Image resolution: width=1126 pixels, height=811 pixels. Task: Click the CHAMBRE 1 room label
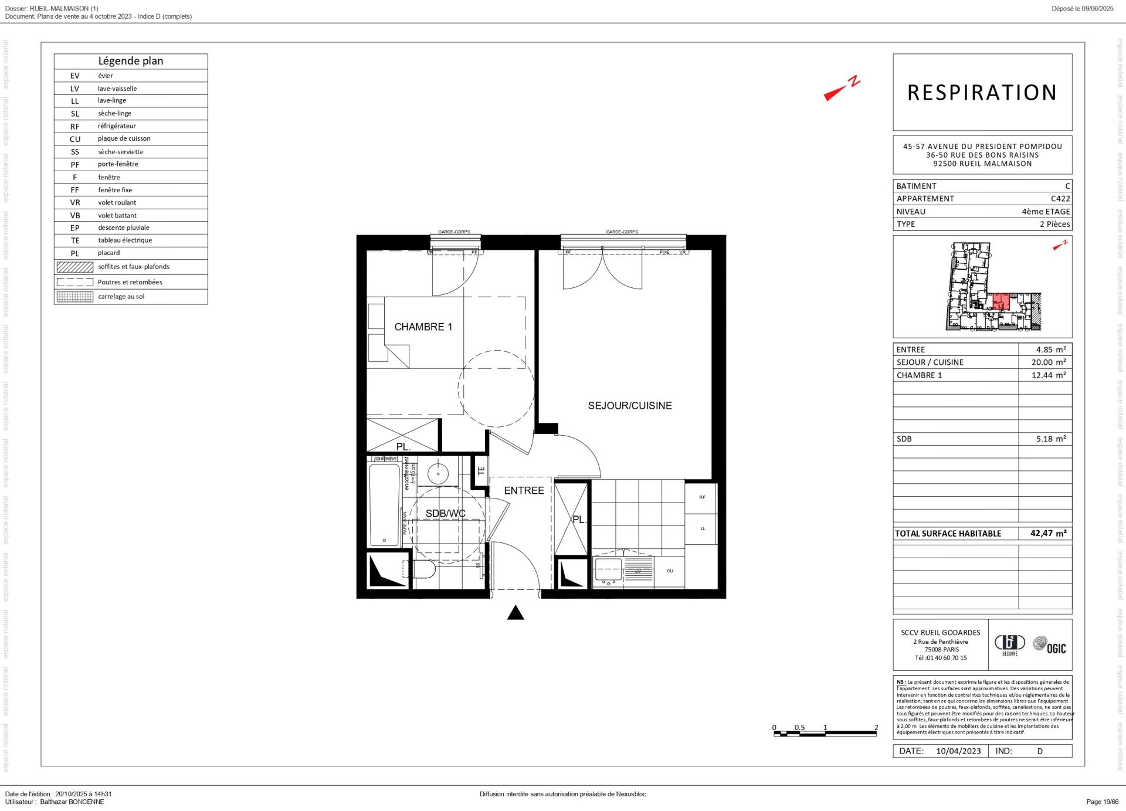(x=423, y=327)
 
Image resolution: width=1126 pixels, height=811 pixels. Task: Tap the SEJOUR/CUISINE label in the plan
(x=629, y=405)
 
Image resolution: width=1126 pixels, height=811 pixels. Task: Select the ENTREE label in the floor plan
(x=524, y=490)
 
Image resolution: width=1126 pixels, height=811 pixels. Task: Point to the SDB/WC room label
(x=445, y=513)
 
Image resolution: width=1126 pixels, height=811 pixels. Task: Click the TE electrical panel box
(x=481, y=470)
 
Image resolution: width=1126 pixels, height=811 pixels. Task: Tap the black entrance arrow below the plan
(x=515, y=613)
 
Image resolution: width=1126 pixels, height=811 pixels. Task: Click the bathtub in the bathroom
(x=384, y=504)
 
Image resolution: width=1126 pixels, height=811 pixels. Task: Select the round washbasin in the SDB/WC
(x=437, y=473)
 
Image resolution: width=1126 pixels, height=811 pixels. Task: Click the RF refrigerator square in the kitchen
(x=701, y=497)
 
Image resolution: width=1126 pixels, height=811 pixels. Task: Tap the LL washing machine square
(x=701, y=528)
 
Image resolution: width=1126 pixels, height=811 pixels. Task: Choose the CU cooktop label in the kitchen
(x=669, y=571)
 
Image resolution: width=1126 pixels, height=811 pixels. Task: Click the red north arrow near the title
(x=841, y=90)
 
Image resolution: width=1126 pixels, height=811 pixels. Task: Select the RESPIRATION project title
(x=982, y=93)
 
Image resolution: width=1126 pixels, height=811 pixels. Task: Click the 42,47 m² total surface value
(x=1047, y=533)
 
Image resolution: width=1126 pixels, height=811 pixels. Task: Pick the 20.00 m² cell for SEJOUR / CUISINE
(x=1048, y=362)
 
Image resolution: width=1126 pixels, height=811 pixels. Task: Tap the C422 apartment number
(x=1060, y=198)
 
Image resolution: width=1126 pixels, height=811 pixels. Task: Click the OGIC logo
(x=1049, y=646)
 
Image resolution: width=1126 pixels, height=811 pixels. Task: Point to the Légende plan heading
(x=131, y=61)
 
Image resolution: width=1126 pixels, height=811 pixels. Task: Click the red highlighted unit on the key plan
(x=1000, y=301)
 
